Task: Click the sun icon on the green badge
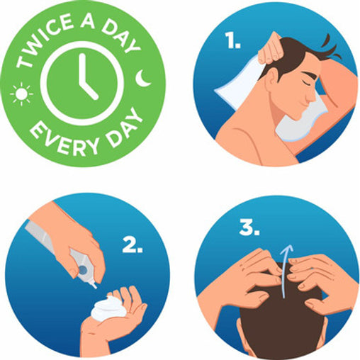pos(22,94)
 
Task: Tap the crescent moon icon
pos(142,78)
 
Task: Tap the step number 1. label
pos(232,40)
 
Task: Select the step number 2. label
pos(133,244)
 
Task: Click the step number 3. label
pos(249,227)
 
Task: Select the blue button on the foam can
pos(82,270)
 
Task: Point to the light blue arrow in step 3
pos(286,271)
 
